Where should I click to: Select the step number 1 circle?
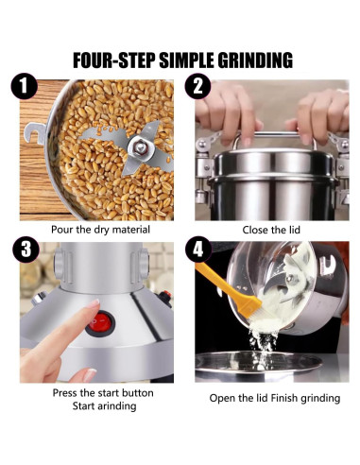(x=25, y=86)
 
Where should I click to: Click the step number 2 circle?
(x=197, y=86)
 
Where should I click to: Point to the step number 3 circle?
(x=26, y=250)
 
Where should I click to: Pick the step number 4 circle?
(x=197, y=250)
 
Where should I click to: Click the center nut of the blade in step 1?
(x=139, y=146)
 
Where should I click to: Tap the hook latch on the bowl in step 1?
(x=35, y=133)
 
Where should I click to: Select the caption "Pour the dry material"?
(x=100, y=230)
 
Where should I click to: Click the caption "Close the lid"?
(x=271, y=230)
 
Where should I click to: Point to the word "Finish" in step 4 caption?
(x=284, y=398)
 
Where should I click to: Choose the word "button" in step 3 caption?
(x=138, y=393)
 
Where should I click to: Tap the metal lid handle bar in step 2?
(x=274, y=135)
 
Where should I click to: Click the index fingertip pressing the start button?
(x=94, y=304)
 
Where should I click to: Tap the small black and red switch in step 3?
(x=165, y=298)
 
